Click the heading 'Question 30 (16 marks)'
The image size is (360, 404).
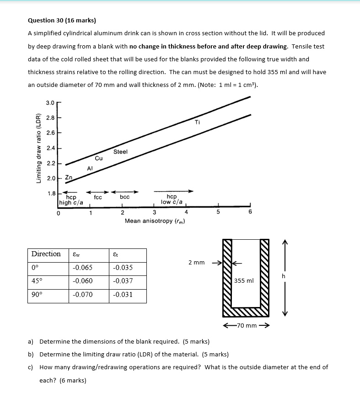pos(62,21)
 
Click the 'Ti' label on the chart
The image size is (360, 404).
pos(197,122)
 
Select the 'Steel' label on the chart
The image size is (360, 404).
pos(120,151)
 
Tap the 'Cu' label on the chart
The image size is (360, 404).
pos(99,158)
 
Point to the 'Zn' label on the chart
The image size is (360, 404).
pos(69,178)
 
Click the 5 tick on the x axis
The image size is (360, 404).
pos(218,212)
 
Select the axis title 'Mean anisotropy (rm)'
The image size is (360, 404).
pos(155,221)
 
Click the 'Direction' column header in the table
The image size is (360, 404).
pos(46,254)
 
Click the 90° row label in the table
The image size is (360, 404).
pos(36,294)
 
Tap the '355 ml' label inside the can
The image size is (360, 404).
pos(243,280)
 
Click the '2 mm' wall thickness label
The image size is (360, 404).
pos(196,263)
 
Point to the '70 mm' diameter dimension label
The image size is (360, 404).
pos(246,326)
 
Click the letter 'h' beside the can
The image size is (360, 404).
pos(284,276)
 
